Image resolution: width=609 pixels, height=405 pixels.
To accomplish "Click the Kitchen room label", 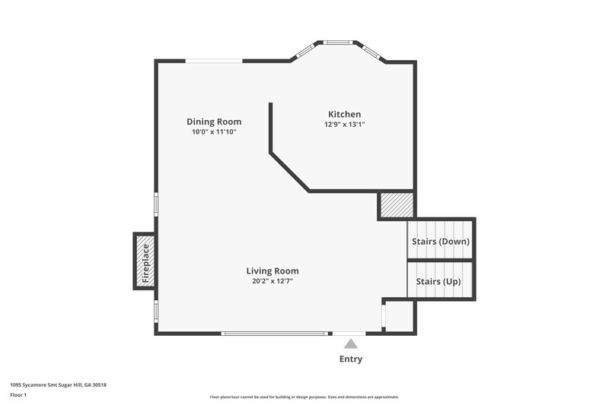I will tap(344, 114).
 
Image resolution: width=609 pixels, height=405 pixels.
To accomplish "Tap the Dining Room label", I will tap(214, 122).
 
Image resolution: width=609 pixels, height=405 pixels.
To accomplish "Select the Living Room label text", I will tap(272, 271).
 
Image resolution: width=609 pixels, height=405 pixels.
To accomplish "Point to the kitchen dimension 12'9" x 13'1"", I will tap(344, 125).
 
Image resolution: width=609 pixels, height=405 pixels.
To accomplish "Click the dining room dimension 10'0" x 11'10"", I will tap(214, 132).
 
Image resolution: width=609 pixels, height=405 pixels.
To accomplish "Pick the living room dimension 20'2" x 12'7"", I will tap(272, 281).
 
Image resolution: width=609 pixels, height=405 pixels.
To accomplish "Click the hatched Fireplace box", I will tap(145, 260).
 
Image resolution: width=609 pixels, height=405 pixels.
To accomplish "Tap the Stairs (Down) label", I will tap(441, 242).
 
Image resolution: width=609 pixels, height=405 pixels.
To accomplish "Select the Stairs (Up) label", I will tap(438, 282).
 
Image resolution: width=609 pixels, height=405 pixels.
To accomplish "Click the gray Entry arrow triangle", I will tap(350, 344).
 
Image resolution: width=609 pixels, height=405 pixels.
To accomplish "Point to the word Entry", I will tap(350, 359).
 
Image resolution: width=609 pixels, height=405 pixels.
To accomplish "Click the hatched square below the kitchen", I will tap(397, 205).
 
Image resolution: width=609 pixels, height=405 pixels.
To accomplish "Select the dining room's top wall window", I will tap(215, 61).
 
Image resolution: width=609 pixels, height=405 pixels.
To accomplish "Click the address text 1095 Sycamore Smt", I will tap(58, 385).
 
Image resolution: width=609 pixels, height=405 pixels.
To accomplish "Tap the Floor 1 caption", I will tap(19, 395).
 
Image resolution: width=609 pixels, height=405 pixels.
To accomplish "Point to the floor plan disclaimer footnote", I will tap(304, 397).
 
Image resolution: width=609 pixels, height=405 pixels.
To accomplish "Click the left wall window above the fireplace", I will tap(157, 204).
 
